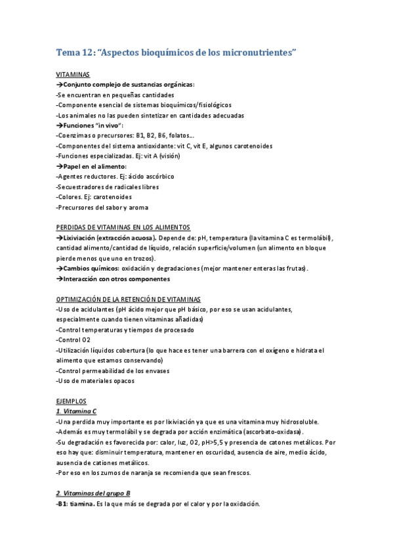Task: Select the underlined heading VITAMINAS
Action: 73,75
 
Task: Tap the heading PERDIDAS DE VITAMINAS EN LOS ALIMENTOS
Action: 123,227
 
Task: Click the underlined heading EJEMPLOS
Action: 71,401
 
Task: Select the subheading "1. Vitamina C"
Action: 77,411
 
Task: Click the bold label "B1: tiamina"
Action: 74,504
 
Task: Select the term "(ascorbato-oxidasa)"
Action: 263,432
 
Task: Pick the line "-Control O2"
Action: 73,340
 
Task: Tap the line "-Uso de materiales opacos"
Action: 94,380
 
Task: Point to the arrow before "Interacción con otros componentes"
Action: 59,278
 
